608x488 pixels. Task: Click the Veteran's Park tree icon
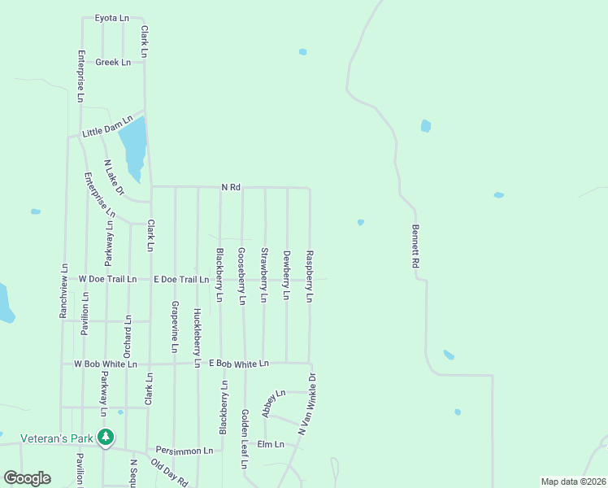point(105,438)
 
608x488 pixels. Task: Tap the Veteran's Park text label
point(57,438)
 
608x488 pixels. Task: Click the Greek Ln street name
point(113,62)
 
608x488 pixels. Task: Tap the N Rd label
point(232,187)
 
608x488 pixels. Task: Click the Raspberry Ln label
point(309,276)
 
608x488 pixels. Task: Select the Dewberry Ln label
point(286,275)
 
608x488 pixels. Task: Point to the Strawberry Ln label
point(263,275)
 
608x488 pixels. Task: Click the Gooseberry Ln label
point(241,275)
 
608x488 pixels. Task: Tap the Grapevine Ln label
point(175,326)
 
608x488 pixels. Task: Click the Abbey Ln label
point(274,403)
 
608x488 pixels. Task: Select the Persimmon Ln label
point(185,450)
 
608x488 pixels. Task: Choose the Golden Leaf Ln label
point(244,439)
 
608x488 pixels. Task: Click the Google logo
point(27,478)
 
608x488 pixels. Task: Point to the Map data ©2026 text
point(572,481)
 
